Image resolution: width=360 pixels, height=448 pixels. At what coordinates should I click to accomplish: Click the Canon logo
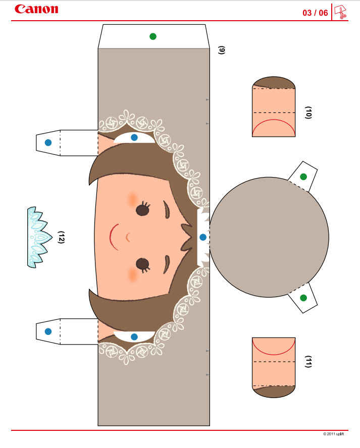[36, 9]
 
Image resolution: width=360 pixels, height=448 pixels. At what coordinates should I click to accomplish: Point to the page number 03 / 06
[315, 13]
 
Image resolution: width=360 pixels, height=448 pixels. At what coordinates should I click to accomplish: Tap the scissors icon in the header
[340, 12]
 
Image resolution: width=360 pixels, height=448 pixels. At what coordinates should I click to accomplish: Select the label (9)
[222, 50]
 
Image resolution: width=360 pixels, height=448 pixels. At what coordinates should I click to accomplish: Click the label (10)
[308, 113]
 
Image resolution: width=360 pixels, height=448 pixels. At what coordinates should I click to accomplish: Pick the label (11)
[308, 362]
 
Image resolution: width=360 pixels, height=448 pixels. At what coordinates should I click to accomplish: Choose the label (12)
[61, 237]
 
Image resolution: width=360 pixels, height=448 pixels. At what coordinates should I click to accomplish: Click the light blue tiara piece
[39, 237]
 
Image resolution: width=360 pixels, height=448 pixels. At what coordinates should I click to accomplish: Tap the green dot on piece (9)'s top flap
[153, 36]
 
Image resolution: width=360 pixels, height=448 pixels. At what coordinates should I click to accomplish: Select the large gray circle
[269, 237]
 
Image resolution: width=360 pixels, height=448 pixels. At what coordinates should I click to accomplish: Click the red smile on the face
[114, 237]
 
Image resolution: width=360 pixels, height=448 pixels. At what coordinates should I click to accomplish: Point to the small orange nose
[128, 237]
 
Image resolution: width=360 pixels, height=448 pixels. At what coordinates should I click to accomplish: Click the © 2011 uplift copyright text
[333, 434]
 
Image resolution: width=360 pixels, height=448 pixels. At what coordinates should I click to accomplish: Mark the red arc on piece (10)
[274, 120]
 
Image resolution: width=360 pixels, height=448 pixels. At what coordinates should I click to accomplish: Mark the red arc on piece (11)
[274, 354]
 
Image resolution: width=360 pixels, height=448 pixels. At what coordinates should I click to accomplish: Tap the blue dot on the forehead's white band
[203, 237]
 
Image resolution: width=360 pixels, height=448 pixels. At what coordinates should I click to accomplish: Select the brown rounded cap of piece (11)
[274, 391]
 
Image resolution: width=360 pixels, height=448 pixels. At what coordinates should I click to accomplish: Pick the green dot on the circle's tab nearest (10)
[303, 177]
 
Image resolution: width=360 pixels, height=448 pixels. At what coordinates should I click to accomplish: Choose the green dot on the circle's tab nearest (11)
[303, 298]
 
